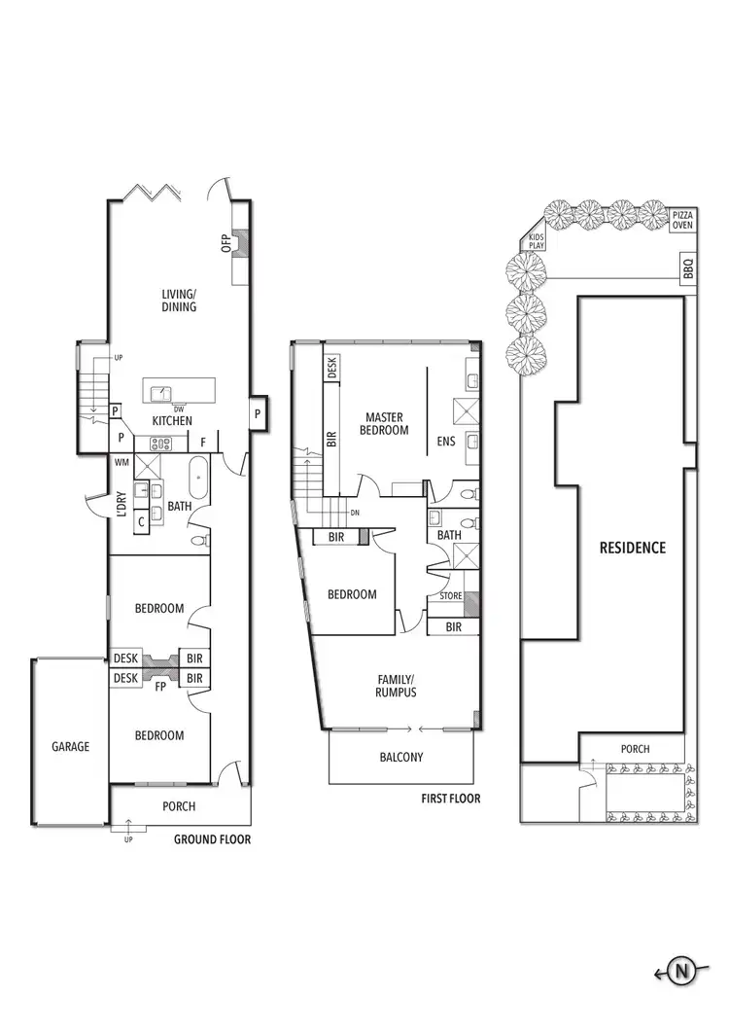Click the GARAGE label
pyautogui.click(x=70, y=747)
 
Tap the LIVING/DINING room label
pyautogui.click(x=179, y=300)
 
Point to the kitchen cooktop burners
pyautogui.click(x=159, y=444)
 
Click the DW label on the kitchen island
pyautogui.click(x=179, y=409)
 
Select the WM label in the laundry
pyautogui.click(x=122, y=462)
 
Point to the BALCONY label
pyautogui.click(x=400, y=757)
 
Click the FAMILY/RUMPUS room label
pyautogui.click(x=397, y=686)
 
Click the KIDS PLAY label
pyautogui.click(x=536, y=240)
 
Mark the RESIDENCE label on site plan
pyautogui.click(x=632, y=548)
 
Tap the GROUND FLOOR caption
pyautogui.click(x=212, y=839)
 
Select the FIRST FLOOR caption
pyautogui.click(x=450, y=799)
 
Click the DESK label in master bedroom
pyautogui.click(x=331, y=368)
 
